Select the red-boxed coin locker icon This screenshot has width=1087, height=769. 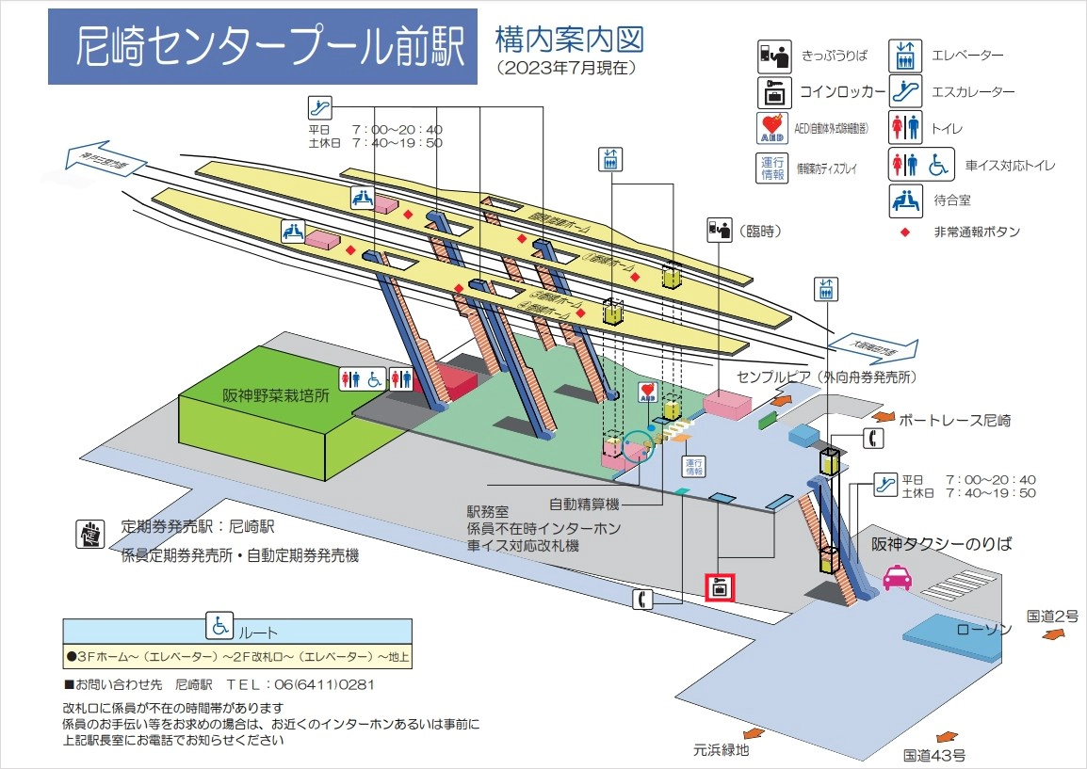click(x=721, y=587)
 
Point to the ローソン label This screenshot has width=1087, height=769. click(x=984, y=629)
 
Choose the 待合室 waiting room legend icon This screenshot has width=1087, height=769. click(x=905, y=199)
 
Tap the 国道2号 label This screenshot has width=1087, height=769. click(x=1052, y=617)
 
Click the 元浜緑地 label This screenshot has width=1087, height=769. click(x=722, y=750)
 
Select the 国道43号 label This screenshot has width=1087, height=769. click(x=933, y=755)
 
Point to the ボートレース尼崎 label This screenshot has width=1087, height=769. click(x=954, y=420)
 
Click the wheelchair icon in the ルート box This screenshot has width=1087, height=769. click(x=219, y=626)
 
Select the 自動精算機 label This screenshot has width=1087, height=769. click(x=584, y=505)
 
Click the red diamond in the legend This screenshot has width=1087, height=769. click(x=905, y=232)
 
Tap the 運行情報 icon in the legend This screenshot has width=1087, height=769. click(x=772, y=168)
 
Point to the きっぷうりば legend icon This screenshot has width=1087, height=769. click(x=773, y=56)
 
